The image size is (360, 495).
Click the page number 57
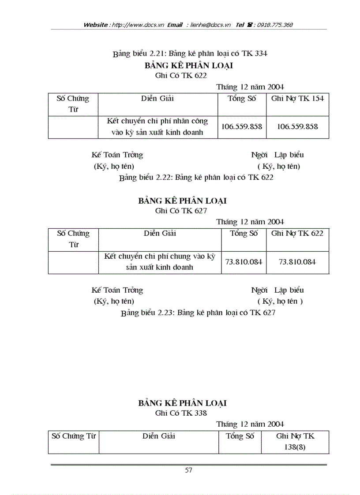coord(189,470)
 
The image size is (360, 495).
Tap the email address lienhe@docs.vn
coord(210,25)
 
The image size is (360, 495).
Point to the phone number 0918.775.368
coord(275,25)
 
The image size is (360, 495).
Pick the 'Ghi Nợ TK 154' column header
coord(297,99)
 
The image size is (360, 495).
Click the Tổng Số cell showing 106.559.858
coord(242,127)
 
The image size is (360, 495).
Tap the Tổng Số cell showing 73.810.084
coord(244,262)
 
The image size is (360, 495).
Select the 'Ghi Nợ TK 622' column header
coord(297,234)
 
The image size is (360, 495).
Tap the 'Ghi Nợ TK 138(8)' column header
coord(295,441)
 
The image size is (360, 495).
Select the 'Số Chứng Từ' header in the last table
coord(74,436)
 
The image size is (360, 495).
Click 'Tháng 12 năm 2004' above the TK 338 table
coord(250,424)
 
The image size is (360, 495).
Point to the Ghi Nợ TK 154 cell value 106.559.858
coord(297,127)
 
